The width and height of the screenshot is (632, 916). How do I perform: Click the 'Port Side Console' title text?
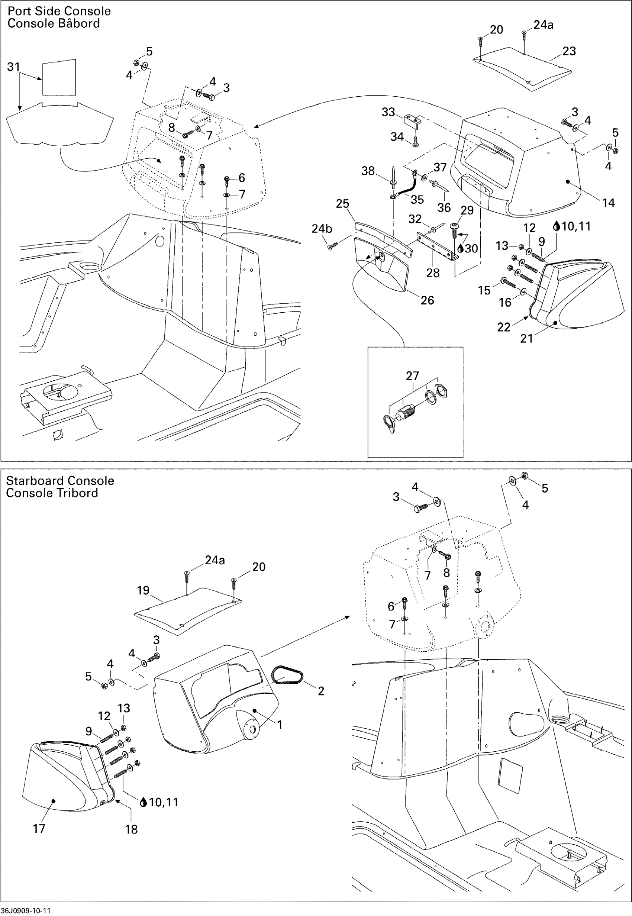(x=59, y=11)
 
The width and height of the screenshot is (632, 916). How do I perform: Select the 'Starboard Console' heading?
(x=60, y=481)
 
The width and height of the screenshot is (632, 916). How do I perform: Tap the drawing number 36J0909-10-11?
(x=26, y=910)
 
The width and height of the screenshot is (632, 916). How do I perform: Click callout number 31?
(x=13, y=67)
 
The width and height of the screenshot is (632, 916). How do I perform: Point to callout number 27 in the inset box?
(x=412, y=376)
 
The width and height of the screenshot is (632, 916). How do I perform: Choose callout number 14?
(x=608, y=203)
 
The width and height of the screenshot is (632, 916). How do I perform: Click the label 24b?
(x=322, y=229)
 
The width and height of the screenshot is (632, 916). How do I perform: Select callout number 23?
(x=569, y=51)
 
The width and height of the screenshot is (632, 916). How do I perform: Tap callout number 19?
(x=143, y=590)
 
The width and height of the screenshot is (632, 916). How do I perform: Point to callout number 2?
(x=321, y=691)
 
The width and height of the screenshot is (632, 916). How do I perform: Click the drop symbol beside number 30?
(x=461, y=249)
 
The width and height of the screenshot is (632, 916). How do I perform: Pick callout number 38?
(x=368, y=171)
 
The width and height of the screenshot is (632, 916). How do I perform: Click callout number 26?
(x=427, y=300)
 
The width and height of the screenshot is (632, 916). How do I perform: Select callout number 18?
(x=132, y=829)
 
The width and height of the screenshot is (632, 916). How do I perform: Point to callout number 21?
(x=526, y=338)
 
